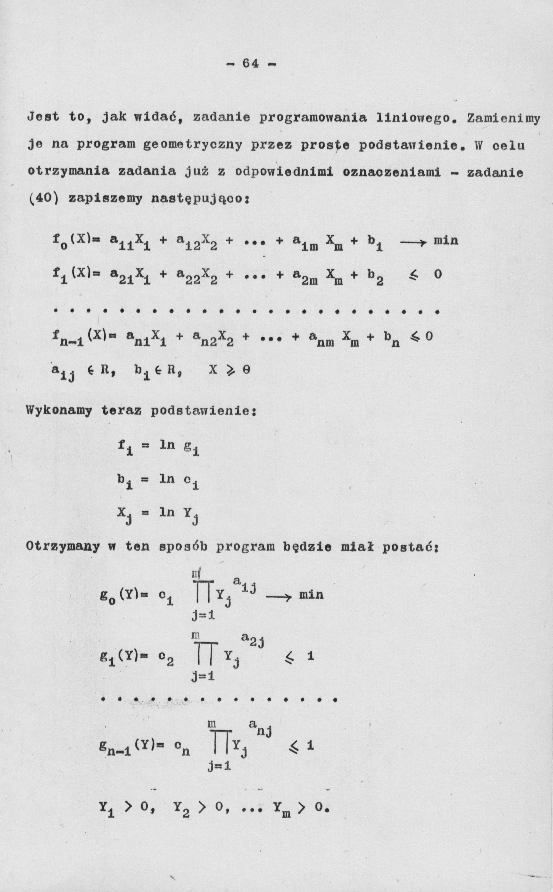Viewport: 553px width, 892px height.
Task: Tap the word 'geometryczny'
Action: pos(192,146)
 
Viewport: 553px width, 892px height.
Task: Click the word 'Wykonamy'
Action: pos(59,411)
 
